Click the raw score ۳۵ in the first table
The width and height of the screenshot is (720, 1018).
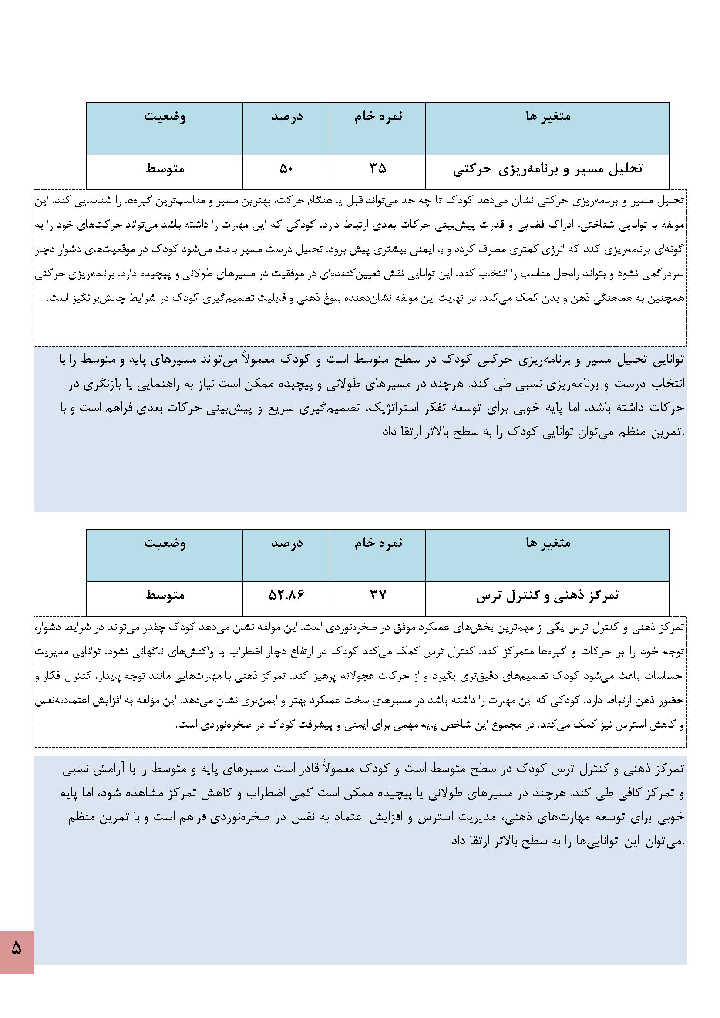[x=378, y=169]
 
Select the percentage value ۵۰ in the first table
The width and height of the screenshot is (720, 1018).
[x=286, y=169]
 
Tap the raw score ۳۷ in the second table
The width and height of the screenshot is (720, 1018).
[x=378, y=595]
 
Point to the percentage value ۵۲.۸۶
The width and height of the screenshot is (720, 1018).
[x=286, y=595]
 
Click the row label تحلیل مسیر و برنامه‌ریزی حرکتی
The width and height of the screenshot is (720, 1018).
[x=548, y=169]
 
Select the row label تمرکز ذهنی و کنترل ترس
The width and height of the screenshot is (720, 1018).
[x=548, y=596]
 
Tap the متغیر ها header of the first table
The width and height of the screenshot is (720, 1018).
[x=548, y=117]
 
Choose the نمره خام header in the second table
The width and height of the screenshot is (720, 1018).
[x=378, y=543]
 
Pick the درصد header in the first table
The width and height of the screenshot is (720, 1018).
[x=286, y=117]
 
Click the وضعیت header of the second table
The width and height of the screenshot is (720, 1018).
[x=165, y=543]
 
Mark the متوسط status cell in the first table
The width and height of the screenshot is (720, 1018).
[x=165, y=169]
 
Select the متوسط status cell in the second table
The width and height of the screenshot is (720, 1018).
[x=165, y=595]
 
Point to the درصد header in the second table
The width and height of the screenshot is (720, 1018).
[x=286, y=543]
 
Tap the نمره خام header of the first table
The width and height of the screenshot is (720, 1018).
[x=378, y=117]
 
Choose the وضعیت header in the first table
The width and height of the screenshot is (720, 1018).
[x=165, y=117]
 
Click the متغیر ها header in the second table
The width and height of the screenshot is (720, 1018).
[x=548, y=543]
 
